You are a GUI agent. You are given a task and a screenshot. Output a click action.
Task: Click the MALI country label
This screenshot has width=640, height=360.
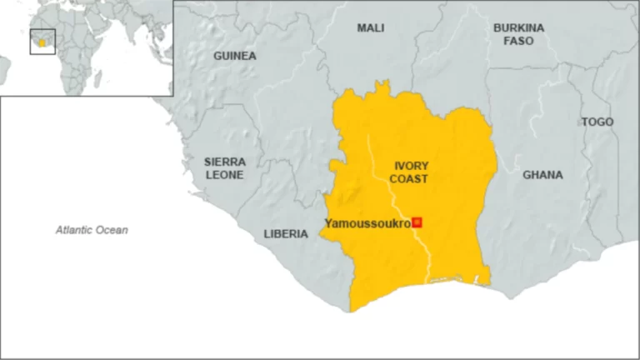[371, 28]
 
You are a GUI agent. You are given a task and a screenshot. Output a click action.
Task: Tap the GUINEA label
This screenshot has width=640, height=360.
[235, 56]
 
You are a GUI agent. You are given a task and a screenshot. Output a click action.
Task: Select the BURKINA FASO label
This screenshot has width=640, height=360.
[518, 33]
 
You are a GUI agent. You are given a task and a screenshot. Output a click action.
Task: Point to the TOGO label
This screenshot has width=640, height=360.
[597, 122]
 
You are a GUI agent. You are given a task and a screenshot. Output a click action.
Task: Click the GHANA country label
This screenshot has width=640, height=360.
[542, 175]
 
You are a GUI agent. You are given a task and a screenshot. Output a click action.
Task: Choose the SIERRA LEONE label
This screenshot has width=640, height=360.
[225, 168]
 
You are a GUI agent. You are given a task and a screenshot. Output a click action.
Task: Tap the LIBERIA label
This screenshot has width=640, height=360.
[286, 234]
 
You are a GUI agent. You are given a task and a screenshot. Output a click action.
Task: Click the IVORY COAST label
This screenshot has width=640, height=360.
[411, 172]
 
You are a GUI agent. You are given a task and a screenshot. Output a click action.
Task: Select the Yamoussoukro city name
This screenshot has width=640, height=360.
[367, 222]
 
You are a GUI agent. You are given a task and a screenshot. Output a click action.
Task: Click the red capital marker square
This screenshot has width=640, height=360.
[417, 222]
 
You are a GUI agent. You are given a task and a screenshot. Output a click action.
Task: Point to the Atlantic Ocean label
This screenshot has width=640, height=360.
[92, 230]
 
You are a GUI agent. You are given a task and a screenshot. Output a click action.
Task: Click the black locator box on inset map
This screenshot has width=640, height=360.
[42, 42]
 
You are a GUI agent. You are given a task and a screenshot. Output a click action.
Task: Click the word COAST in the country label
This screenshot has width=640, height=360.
[411, 179]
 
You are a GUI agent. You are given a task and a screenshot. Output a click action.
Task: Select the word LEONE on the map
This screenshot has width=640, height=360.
[225, 175]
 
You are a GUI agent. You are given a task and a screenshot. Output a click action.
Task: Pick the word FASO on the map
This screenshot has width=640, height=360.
[518, 40]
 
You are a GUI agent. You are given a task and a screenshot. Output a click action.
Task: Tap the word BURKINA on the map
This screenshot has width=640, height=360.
[518, 27]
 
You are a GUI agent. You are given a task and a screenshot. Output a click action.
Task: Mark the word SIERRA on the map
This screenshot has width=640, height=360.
[225, 162]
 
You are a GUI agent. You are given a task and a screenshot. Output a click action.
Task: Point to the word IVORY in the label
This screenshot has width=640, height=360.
[411, 166]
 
